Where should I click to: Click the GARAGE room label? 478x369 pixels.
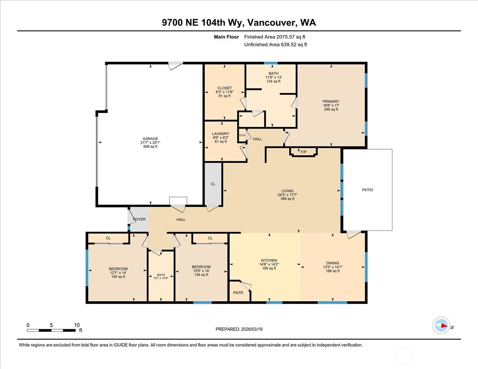(151, 139)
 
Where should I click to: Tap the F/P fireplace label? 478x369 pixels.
(303, 152)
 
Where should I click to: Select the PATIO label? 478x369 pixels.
(367, 190)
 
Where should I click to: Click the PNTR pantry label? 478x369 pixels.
(238, 293)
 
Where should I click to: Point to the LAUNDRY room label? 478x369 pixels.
(220, 134)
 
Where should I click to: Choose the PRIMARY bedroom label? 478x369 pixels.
(331, 102)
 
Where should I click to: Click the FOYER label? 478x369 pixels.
(139, 219)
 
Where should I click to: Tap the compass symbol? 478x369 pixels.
(441, 325)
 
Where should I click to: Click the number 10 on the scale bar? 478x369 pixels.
(77, 325)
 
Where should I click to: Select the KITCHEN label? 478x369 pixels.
(268, 260)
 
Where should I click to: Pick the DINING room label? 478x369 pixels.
(333, 263)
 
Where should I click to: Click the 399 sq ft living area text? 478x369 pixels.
(287, 199)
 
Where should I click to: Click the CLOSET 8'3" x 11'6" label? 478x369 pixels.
(224, 88)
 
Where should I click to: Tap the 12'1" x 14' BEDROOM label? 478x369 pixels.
(118, 269)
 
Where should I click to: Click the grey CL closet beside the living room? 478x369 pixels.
(213, 184)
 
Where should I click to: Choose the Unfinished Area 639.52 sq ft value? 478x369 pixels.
(276, 45)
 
